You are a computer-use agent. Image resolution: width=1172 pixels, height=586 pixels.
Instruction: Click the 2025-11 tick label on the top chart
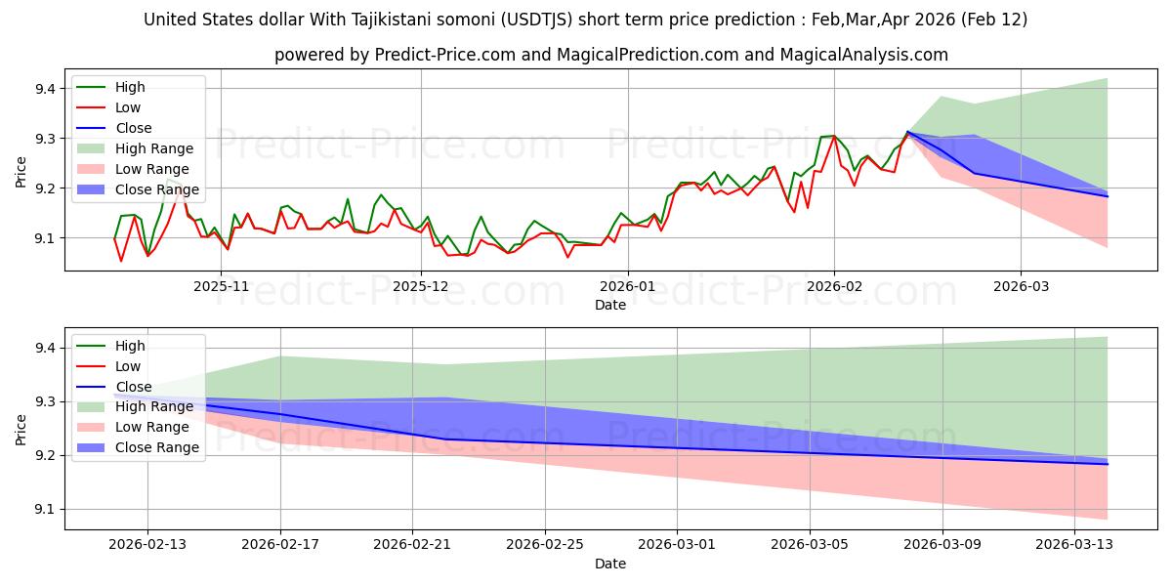(x=220, y=286)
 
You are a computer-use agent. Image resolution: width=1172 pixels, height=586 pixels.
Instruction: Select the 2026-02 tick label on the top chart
(x=833, y=286)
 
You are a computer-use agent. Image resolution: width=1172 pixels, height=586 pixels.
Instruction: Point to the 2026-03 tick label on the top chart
(x=1021, y=286)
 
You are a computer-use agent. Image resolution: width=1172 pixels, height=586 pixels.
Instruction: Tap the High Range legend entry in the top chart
(x=154, y=148)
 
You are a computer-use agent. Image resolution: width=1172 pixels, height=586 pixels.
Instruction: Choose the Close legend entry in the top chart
(x=134, y=128)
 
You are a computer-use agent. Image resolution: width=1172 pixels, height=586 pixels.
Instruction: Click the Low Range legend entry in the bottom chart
(x=152, y=427)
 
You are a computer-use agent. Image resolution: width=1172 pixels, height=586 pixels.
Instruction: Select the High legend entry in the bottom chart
(x=131, y=346)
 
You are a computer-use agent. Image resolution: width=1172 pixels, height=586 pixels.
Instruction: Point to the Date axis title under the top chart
(x=610, y=305)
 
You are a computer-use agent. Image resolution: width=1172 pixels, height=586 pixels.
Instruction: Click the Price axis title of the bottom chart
(x=21, y=429)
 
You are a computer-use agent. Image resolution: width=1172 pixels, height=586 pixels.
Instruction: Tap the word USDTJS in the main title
(x=572, y=20)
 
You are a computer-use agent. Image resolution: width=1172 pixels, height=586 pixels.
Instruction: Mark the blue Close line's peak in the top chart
(x=908, y=132)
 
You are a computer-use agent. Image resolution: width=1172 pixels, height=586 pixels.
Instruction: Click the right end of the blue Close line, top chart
(x=1108, y=196)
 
